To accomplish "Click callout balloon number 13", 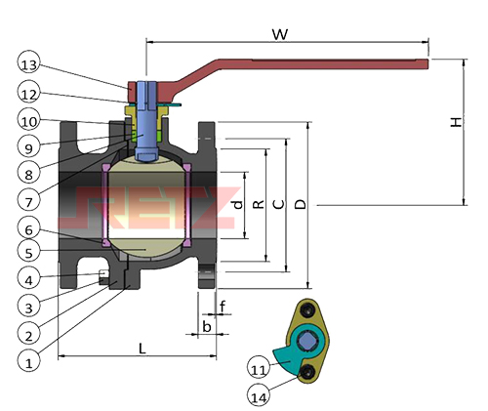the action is (x=28, y=64).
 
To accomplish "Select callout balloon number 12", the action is (x=28, y=95).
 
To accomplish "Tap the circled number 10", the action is (x=28, y=121).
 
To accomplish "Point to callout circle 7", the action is (x=28, y=202).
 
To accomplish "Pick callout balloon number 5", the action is (x=28, y=252).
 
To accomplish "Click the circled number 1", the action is (x=28, y=362).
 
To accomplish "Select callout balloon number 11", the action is (x=259, y=370).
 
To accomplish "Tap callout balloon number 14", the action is (x=259, y=397).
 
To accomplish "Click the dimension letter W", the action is (x=280, y=34).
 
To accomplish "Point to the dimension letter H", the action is (x=456, y=122).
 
